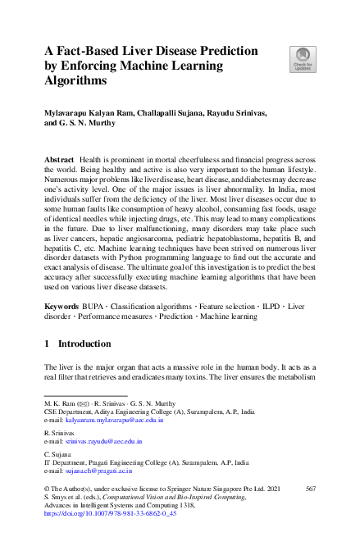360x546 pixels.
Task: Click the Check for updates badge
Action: point(302,58)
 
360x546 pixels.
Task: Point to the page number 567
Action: point(310,489)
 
